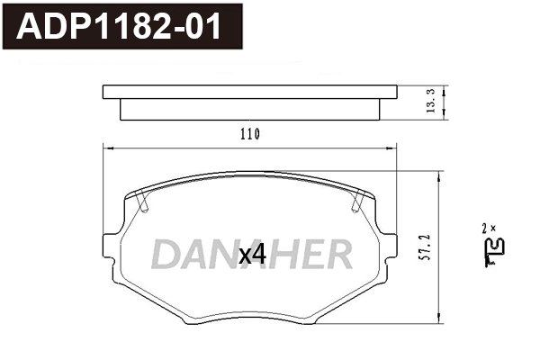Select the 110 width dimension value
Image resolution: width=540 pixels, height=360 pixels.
click(x=249, y=135)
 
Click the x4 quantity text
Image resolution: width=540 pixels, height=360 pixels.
click(x=253, y=255)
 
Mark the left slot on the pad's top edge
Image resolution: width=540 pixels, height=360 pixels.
click(x=143, y=201)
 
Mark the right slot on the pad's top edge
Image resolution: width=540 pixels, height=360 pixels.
click(x=357, y=201)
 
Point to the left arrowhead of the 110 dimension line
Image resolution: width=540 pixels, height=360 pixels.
click(x=109, y=147)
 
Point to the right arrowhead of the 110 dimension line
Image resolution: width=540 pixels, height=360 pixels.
click(x=391, y=147)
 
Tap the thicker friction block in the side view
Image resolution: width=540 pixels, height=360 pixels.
click(x=249, y=107)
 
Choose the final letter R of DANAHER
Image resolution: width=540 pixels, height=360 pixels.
click(x=338, y=256)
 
